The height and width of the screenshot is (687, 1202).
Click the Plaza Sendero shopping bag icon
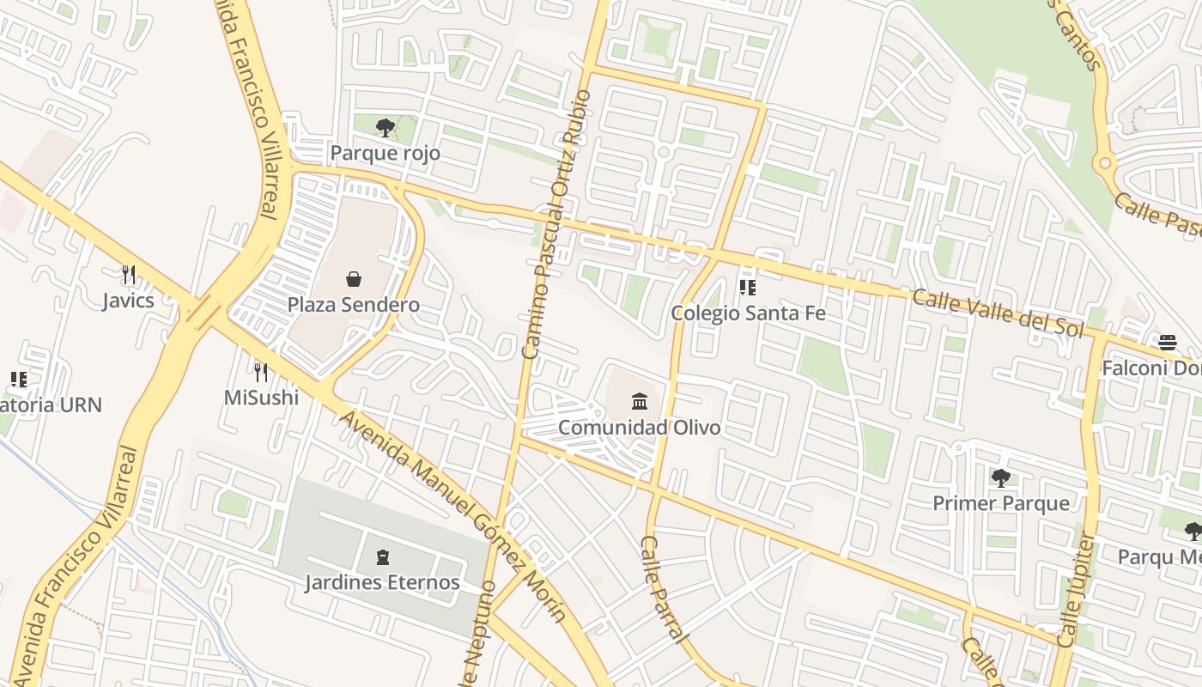353,278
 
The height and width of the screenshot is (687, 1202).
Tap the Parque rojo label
385,154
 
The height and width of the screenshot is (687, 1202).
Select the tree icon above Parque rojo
385,128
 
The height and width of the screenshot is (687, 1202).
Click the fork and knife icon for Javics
129,275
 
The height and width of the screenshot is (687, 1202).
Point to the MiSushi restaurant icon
261,372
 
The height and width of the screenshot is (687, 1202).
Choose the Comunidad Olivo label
640,427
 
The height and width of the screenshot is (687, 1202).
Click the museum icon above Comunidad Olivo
640,401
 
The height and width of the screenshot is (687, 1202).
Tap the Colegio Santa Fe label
748,313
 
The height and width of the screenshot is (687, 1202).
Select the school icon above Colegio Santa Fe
748,287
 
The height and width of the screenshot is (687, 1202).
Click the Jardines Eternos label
382,582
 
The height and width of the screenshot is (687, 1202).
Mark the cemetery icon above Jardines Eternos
382,557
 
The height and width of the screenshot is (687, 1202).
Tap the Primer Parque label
1001,503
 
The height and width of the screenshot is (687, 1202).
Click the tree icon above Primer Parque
1000,477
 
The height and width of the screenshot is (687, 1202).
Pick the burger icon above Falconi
1168,343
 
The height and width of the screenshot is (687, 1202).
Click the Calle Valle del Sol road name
998,313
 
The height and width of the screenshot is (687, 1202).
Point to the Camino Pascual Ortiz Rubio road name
556,223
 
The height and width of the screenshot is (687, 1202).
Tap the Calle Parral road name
664,589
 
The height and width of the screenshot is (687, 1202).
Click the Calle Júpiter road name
1076,589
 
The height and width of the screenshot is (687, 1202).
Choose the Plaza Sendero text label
353,305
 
